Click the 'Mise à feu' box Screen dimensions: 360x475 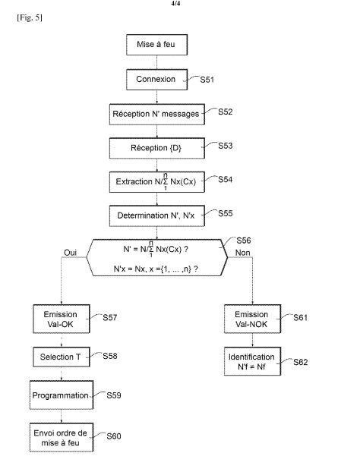156,45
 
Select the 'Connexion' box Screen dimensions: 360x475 156,80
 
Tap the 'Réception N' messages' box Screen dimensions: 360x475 156,115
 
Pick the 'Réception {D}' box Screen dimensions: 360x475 156,148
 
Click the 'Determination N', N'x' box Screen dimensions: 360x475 156,215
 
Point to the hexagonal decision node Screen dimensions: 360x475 156,258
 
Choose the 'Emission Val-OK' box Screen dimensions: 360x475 62,319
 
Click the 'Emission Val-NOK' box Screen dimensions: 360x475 252,319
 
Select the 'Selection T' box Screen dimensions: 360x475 62,357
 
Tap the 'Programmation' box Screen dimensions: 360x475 62,395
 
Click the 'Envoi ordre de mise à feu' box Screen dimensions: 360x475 62,437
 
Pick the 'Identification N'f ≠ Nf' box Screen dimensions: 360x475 252,361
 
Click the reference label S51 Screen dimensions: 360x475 207,80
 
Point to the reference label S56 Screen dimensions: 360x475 244,241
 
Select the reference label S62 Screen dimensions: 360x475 301,362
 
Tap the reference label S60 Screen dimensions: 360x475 114,436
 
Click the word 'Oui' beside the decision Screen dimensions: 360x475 71,253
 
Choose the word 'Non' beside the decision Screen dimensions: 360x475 243,253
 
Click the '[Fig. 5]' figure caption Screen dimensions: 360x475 30,18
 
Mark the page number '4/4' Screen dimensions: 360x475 176,4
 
